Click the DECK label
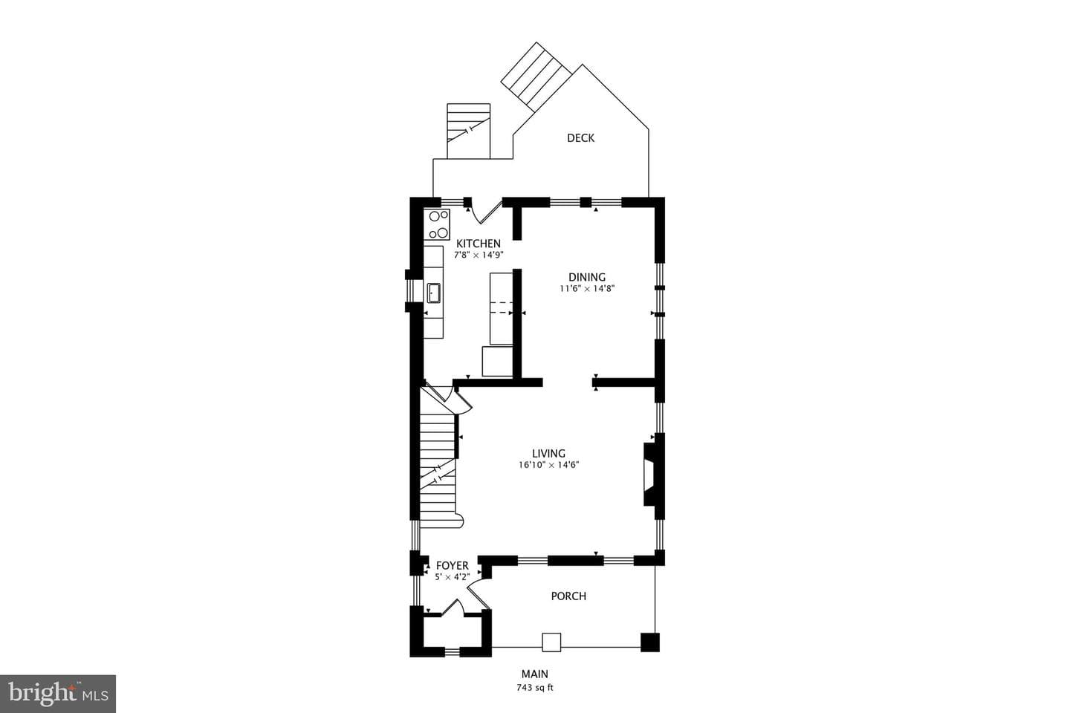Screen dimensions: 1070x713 point(580,138)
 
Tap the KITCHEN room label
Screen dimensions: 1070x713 point(479,244)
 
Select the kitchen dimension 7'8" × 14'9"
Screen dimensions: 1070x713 point(479,255)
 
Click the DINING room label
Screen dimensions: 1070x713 point(586,277)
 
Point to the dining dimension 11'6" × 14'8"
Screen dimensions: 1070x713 point(587,288)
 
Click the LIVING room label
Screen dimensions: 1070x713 point(548,453)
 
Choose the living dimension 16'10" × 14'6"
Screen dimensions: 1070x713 point(549,465)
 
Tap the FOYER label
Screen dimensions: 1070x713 point(453,565)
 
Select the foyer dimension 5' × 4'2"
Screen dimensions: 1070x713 point(453,577)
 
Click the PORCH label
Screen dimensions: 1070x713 point(568,596)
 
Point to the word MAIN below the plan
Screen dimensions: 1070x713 point(534,674)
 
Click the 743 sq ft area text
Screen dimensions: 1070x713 point(534,688)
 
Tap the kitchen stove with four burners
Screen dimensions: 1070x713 point(437,224)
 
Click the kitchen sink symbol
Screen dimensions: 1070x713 point(434,293)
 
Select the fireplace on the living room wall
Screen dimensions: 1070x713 point(650,474)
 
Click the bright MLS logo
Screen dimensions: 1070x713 point(58,694)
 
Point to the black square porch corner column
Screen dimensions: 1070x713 point(649,642)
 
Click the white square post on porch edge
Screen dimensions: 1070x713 point(551,642)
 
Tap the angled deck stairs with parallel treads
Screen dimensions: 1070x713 point(536,77)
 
